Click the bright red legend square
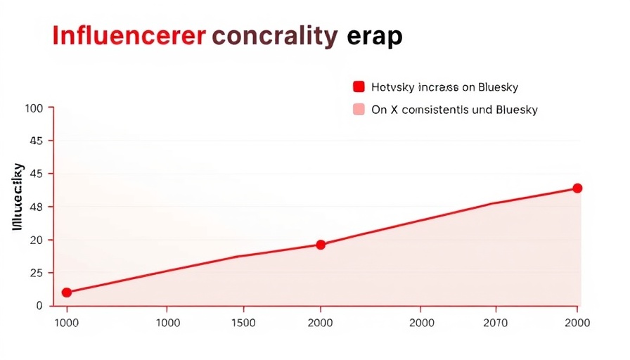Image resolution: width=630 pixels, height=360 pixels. pyautogui.click(x=359, y=87)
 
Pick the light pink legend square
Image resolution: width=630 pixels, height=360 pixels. pyautogui.click(x=359, y=110)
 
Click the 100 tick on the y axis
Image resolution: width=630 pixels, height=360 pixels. pyautogui.click(x=34, y=108)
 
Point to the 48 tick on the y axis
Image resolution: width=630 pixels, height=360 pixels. pyautogui.click(x=36, y=207)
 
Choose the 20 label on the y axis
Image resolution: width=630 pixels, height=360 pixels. pyautogui.click(x=36, y=240)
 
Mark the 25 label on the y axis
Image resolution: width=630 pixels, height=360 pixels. pyautogui.click(x=36, y=273)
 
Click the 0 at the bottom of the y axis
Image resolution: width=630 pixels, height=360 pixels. pyautogui.click(x=39, y=306)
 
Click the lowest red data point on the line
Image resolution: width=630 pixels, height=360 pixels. pyautogui.click(x=67, y=292)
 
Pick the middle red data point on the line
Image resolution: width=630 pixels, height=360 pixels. pyautogui.click(x=321, y=245)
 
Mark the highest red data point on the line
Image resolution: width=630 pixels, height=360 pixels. pyautogui.click(x=577, y=188)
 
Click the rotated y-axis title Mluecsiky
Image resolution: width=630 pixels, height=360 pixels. pyautogui.click(x=18, y=198)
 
